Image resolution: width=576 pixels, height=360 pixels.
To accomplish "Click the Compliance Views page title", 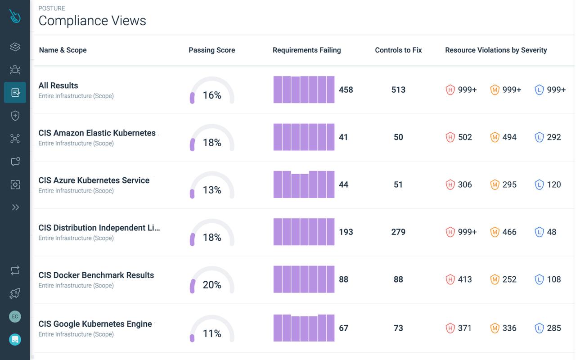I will pyautogui.click(x=92, y=21).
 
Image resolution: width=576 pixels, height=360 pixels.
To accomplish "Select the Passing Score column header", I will pyautogui.click(x=211, y=50).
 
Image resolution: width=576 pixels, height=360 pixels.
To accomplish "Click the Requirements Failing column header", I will pyautogui.click(x=306, y=50).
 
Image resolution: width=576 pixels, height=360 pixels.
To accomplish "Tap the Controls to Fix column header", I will pyautogui.click(x=398, y=50).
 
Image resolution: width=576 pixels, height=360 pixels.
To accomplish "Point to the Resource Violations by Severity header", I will pyautogui.click(x=496, y=50).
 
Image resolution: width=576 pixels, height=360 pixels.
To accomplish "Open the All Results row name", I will pyautogui.click(x=58, y=85).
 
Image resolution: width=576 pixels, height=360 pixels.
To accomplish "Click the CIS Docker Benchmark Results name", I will pyautogui.click(x=96, y=275).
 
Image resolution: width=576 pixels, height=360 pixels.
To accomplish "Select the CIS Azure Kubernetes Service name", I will pyautogui.click(x=94, y=180).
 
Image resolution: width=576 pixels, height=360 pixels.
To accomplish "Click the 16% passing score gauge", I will pyautogui.click(x=212, y=92).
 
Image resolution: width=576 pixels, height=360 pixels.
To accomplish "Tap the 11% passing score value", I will pyautogui.click(x=212, y=333).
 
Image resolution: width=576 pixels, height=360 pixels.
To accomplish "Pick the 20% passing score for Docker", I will pyautogui.click(x=212, y=285).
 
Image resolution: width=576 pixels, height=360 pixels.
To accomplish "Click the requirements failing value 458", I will pyautogui.click(x=346, y=90).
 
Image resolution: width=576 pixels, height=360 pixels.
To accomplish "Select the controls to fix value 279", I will pyautogui.click(x=398, y=232).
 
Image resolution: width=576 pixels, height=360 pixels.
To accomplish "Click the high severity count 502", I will pyautogui.click(x=465, y=137).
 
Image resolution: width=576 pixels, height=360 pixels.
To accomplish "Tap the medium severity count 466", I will pyautogui.click(x=509, y=232).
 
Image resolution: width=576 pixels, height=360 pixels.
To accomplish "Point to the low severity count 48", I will pyautogui.click(x=552, y=232).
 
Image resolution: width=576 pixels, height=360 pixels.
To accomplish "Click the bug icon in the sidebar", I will pyautogui.click(x=15, y=69).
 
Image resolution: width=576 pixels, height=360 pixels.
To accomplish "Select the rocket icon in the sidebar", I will pyautogui.click(x=15, y=293).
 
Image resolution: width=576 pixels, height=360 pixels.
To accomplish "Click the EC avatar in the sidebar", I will pyautogui.click(x=15, y=316).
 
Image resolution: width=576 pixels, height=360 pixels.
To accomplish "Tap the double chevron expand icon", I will pyautogui.click(x=15, y=207).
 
